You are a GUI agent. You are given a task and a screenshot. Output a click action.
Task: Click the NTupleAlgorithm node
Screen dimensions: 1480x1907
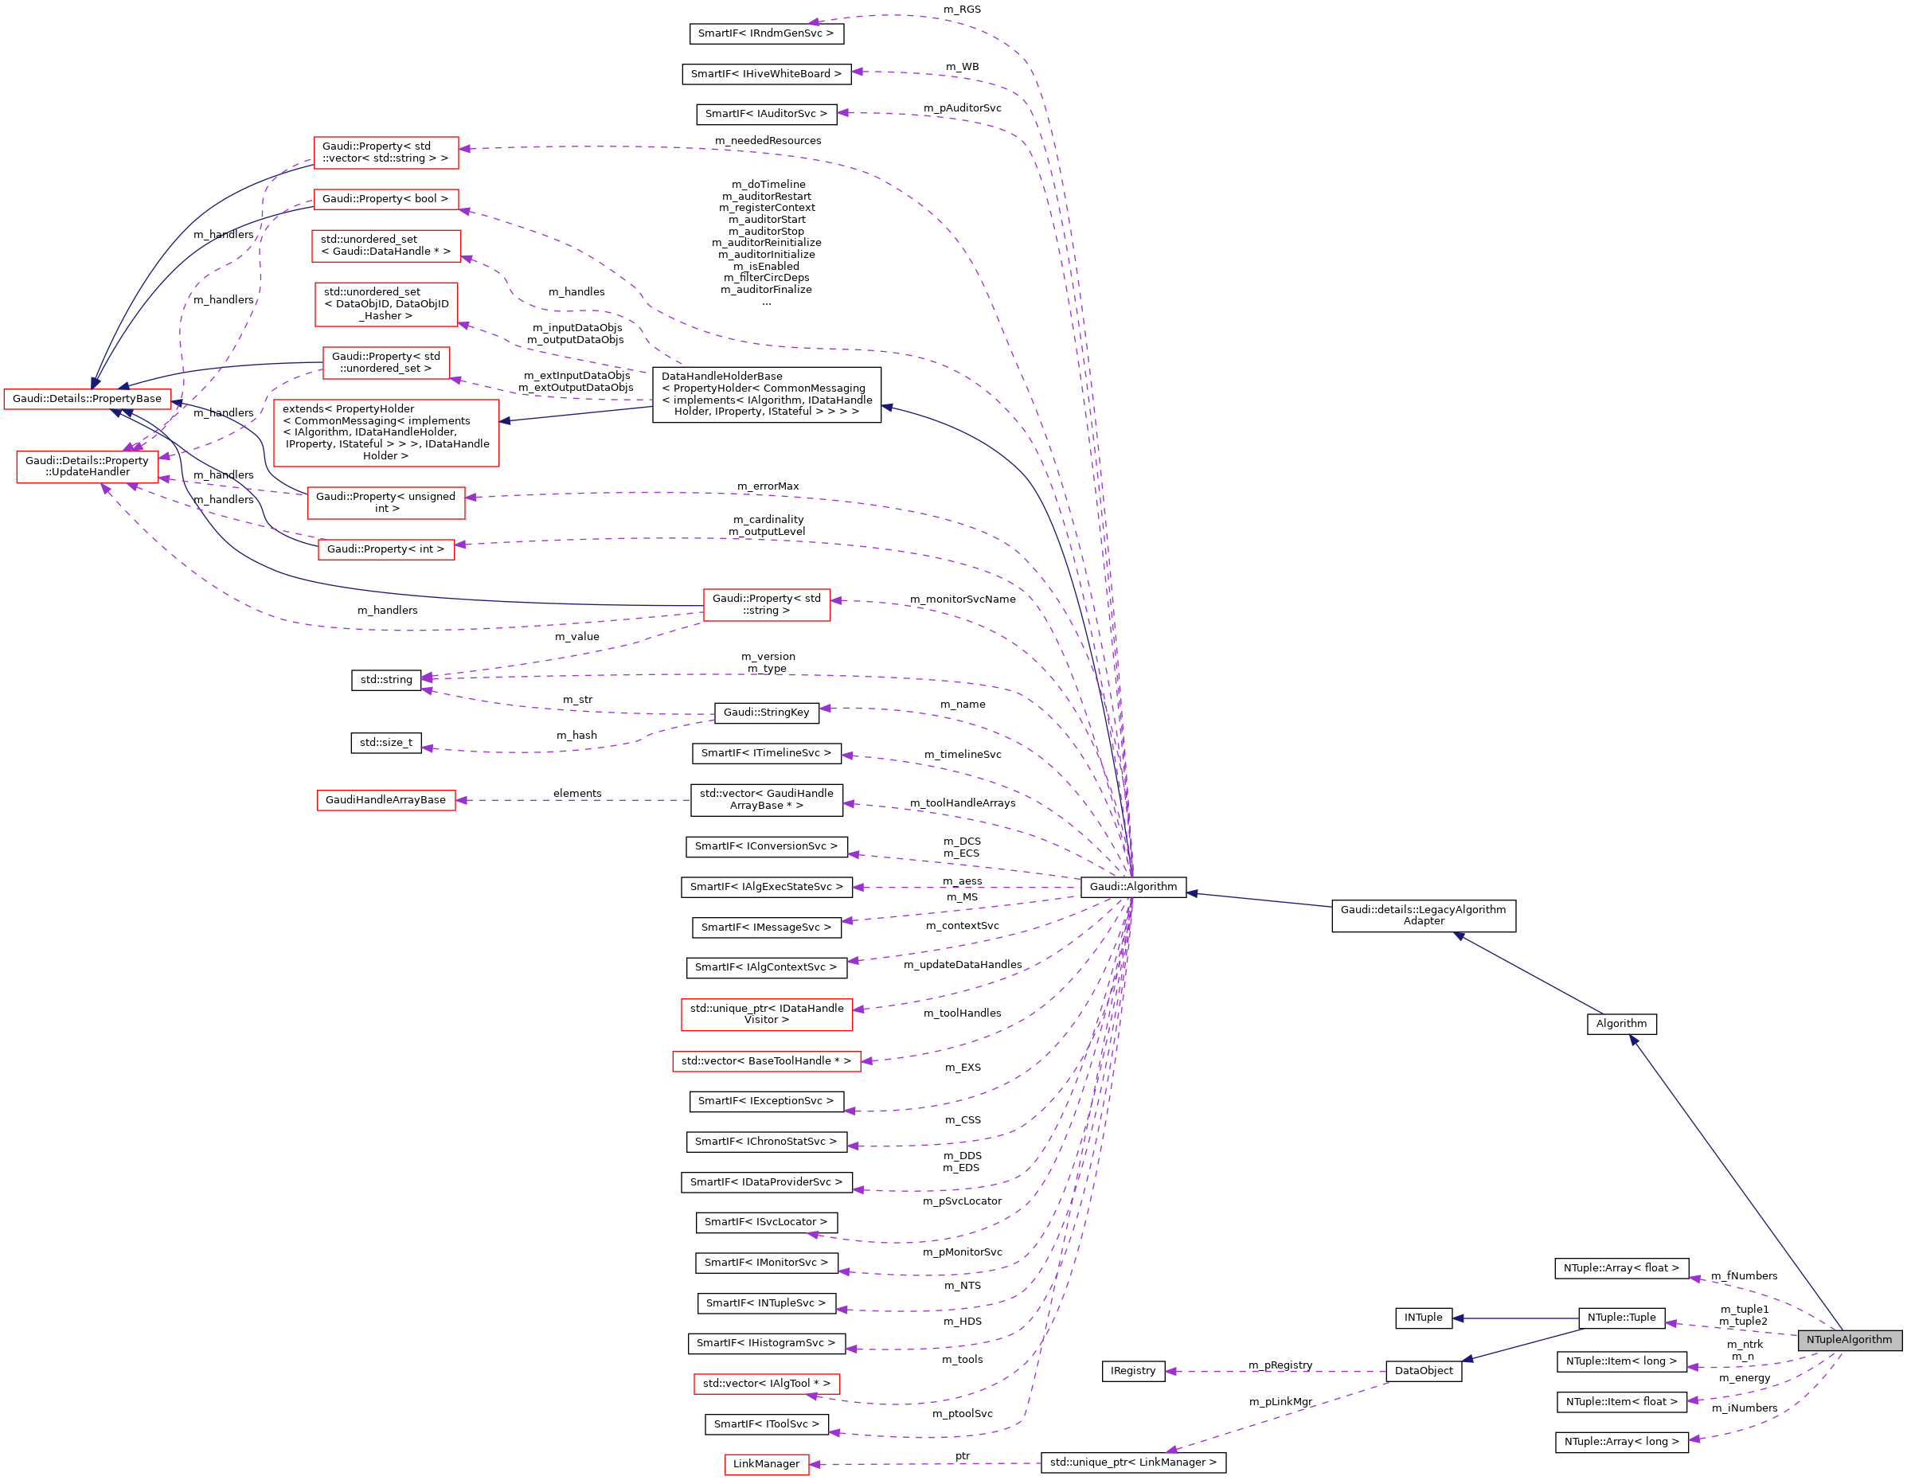(1849, 1339)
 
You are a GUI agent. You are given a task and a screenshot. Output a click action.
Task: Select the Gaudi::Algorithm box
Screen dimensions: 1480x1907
(1132, 886)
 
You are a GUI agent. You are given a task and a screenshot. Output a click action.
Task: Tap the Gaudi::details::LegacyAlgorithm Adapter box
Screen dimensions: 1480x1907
(1423, 915)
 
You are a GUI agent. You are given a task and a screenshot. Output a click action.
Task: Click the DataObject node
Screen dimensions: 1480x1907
(1423, 1371)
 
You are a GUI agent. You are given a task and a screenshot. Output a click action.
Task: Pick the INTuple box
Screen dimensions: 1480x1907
(1423, 1318)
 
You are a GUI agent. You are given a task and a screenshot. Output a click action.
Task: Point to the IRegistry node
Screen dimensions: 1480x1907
(1132, 1371)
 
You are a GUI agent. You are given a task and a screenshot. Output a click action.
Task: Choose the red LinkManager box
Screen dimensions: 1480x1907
(766, 1463)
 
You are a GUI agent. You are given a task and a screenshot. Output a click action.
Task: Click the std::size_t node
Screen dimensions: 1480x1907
(386, 743)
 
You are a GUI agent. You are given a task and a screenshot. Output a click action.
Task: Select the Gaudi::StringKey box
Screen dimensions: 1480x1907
(766, 713)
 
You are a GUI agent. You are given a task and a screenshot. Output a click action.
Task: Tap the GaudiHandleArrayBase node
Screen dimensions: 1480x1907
(385, 800)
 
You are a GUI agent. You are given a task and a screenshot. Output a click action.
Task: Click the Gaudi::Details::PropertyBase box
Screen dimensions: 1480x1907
(87, 399)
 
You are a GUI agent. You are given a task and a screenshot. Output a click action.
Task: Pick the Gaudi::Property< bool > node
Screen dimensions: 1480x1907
(385, 199)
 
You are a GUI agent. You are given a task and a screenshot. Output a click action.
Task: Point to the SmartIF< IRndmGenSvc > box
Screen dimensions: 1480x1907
(766, 33)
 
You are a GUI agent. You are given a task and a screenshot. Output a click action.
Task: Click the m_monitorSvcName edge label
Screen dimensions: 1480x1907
(962, 599)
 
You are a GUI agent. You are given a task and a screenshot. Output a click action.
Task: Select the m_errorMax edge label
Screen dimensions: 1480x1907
(768, 486)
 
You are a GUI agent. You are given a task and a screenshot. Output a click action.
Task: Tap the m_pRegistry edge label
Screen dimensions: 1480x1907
(1280, 1365)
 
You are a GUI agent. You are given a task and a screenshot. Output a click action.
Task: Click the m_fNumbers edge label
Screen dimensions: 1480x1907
(1744, 1275)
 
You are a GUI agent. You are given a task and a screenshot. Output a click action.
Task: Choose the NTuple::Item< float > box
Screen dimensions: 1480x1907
(1621, 1401)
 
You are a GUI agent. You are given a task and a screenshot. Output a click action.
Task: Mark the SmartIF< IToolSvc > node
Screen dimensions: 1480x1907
(766, 1424)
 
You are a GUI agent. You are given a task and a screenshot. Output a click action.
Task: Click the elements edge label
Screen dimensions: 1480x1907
(577, 794)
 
